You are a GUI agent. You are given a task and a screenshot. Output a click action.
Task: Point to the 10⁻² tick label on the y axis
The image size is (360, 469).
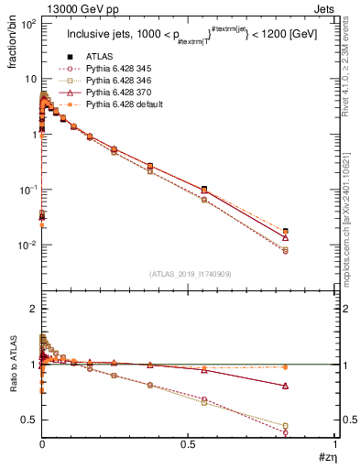26,245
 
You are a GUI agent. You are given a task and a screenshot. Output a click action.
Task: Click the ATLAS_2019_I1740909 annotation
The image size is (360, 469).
189,273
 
